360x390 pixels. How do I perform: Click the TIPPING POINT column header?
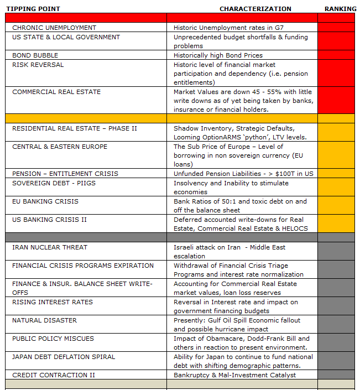click(x=33, y=9)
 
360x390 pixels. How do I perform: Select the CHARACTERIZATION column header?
click(x=255, y=9)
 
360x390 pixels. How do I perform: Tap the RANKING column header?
click(x=340, y=9)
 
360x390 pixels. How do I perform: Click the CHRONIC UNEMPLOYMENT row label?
click(x=54, y=28)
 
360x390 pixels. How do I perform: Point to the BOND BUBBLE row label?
click(x=35, y=55)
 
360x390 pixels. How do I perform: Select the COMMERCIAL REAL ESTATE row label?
click(x=56, y=92)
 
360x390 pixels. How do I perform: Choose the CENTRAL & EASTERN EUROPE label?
click(x=60, y=147)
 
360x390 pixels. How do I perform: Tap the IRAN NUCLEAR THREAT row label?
click(x=50, y=247)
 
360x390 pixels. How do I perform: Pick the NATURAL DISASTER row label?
click(x=45, y=320)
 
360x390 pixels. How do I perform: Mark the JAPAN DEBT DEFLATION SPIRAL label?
click(x=64, y=357)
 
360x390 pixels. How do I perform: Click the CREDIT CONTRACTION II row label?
click(x=54, y=375)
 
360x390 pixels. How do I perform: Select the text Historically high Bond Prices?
click(x=218, y=55)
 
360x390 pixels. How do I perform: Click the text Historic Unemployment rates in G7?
click(x=228, y=28)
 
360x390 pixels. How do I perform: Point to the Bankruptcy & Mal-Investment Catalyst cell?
click(x=234, y=375)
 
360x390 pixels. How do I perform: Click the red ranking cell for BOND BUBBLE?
click(x=336, y=55)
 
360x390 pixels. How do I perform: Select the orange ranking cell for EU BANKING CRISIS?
click(x=336, y=206)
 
